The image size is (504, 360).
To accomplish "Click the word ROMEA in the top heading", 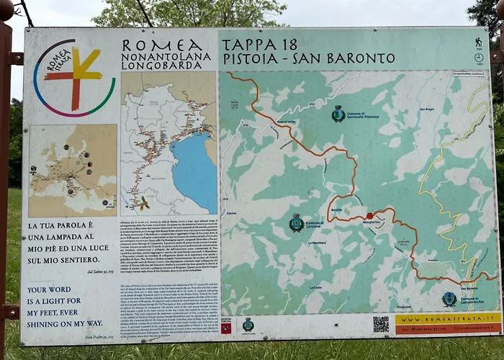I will click(166, 45).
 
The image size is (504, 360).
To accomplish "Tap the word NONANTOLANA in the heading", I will click(166, 56).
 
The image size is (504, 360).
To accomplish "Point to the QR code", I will click(381, 324).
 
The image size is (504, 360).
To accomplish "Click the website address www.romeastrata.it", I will click(448, 318).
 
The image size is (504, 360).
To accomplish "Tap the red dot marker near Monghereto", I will click(369, 215).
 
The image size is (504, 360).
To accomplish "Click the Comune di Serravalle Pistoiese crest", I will click(338, 113).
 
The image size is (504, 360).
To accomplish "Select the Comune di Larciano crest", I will click(296, 222).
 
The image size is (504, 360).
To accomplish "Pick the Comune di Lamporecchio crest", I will click(449, 298).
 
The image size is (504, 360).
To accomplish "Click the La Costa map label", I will click(315, 287).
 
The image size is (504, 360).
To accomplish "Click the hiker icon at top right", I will click(478, 42).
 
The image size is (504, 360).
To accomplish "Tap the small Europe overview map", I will click(73, 171).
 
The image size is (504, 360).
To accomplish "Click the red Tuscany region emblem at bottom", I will click(226, 328).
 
